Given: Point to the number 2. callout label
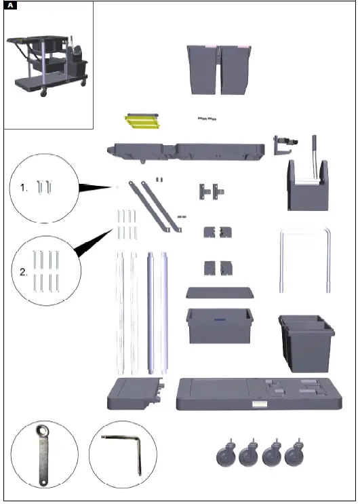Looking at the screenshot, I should (x=24, y=273).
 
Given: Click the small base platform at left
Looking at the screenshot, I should (x=136, y=393).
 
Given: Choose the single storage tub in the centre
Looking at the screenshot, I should (x=219, y=326).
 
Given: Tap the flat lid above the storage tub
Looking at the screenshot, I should (x=219, y=292).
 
